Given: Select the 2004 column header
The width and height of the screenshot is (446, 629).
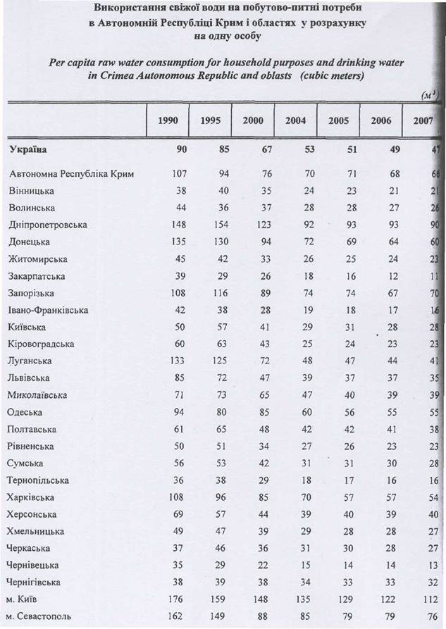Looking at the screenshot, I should [296, 120].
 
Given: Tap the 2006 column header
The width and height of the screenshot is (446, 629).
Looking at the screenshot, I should [380, 120].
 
